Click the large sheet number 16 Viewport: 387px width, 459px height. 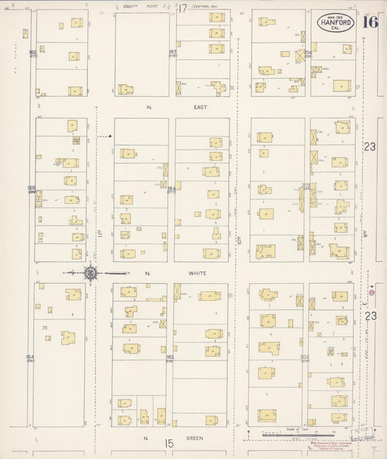[x=370, y=22]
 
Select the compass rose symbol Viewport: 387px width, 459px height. [x=91, y=273]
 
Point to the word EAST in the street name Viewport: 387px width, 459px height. [x=200, y=107]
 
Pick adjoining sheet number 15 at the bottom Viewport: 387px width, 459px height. [x=169, y=443]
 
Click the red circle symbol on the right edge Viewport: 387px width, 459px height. [x=372, y=292]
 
